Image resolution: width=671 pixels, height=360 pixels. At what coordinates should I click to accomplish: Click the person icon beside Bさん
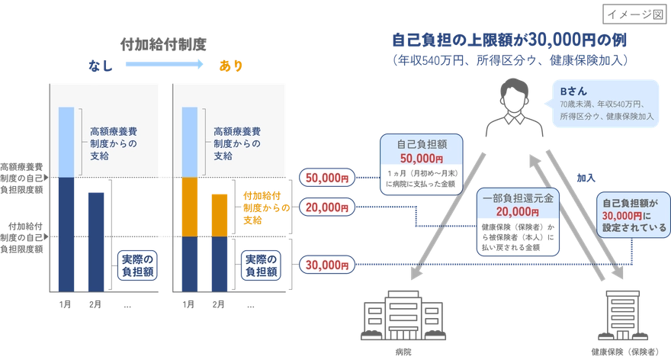tap(511, 107)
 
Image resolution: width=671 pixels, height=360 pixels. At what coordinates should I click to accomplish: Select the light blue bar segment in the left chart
tap(67, 142)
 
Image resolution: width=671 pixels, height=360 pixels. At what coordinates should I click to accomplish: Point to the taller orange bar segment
tap(190, 207)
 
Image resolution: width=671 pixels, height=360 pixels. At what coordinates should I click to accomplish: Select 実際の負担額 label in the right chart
tap(259, 264)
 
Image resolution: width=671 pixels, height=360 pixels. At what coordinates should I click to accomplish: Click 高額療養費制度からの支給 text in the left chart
tap(110, 142)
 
